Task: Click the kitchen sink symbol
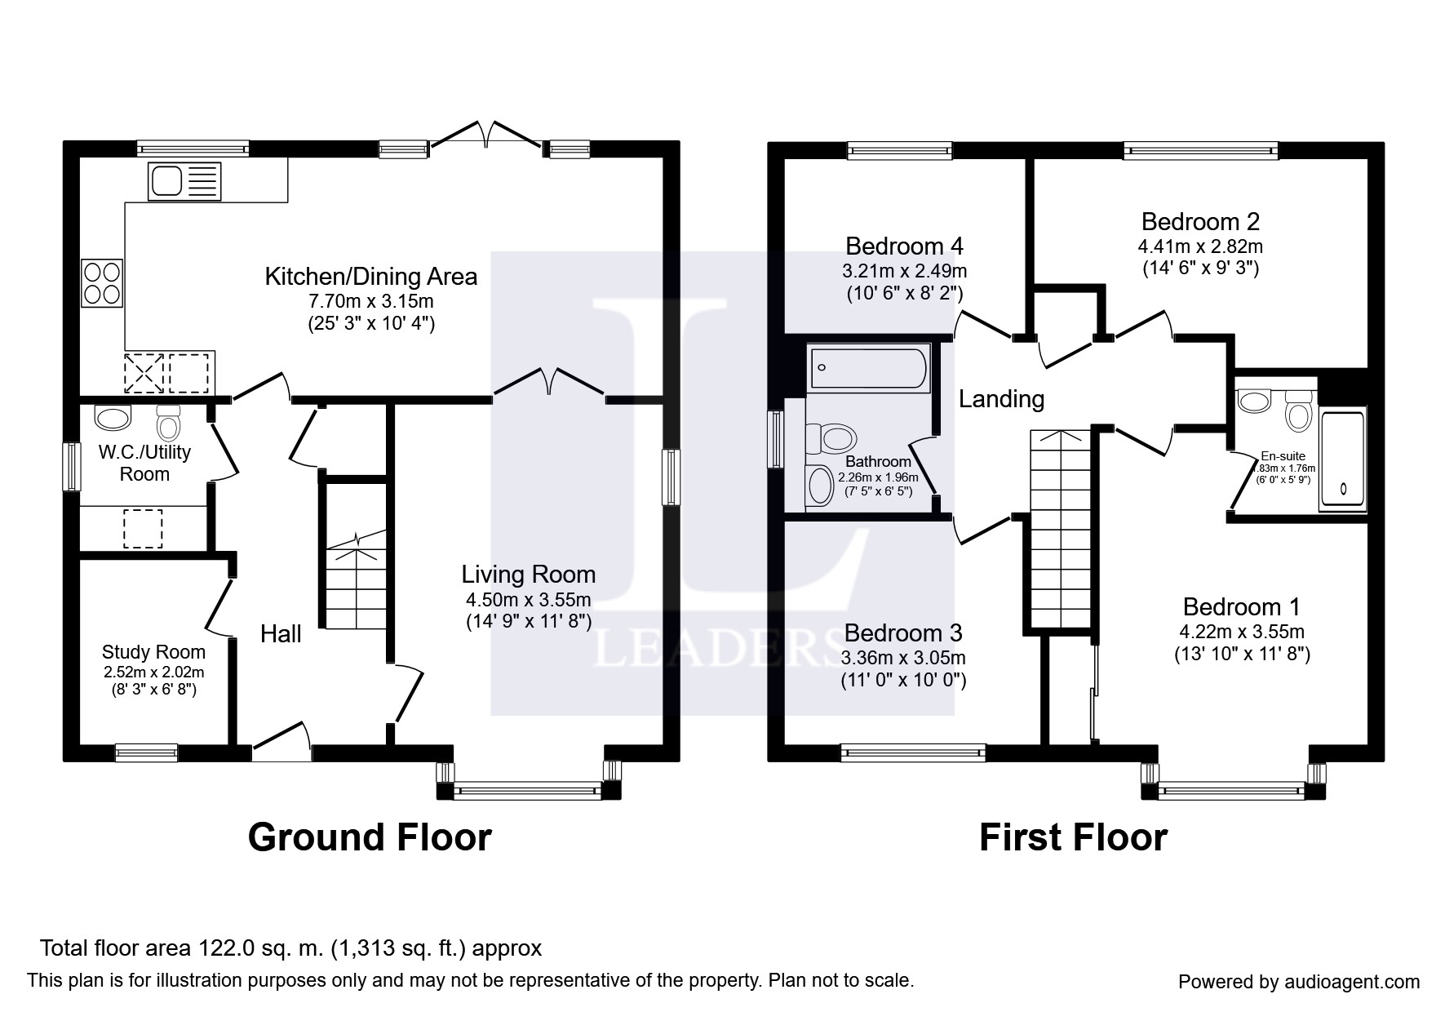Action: click(184, 181)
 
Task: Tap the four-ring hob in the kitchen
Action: click(102, 282)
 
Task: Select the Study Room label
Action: click(153, 652)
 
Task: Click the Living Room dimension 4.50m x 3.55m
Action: click(529, 600)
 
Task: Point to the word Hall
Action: click(281, 634)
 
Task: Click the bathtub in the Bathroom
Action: click(869, 368)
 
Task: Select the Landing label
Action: click(1001, 399)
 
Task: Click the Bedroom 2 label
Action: click(1200, 221)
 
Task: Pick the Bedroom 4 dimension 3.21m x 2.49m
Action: click(904, 270)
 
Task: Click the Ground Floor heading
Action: click(370, 837)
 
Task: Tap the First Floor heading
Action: click(1073, 837)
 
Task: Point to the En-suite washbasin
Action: click(1254, 400)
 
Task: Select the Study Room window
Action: click(146, 752)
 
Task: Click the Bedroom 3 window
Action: click(914, 752)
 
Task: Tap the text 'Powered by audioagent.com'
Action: click(1299, 982)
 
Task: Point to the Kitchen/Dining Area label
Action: click(371, 277)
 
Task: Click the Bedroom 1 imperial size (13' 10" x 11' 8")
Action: click(1243, 655)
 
